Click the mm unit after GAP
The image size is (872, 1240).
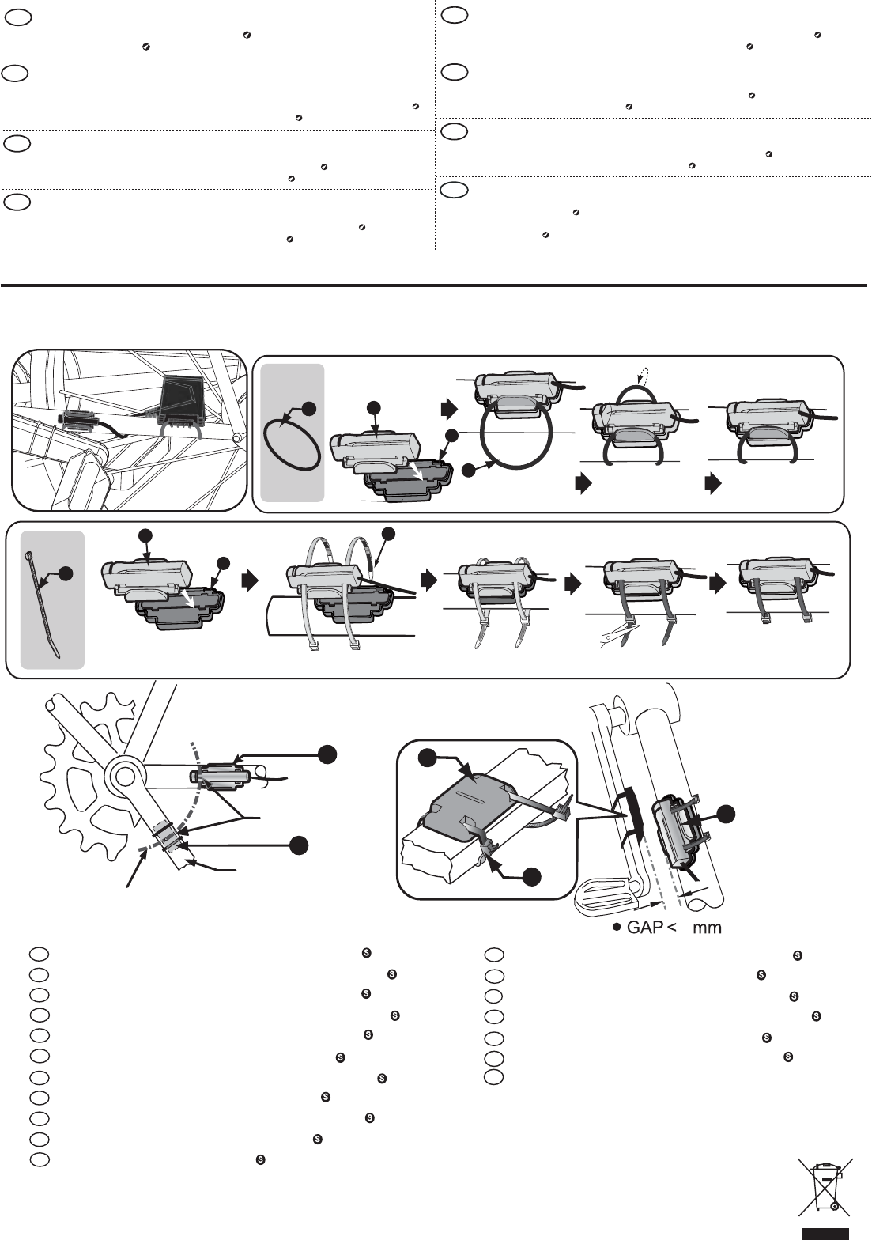click(707, 928)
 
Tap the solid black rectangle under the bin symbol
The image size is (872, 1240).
click(825, 1233)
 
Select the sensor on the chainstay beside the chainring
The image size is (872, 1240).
click(219, 777)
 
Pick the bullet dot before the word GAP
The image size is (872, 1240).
click(615, 928)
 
